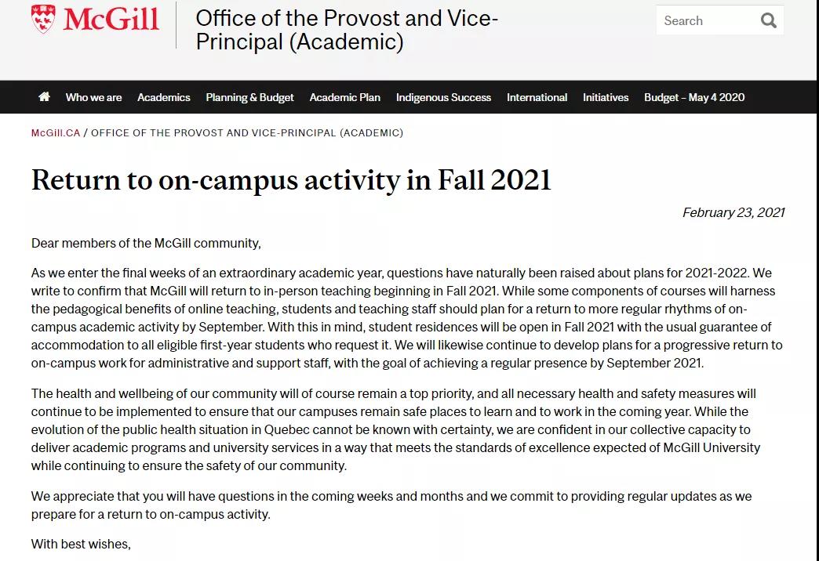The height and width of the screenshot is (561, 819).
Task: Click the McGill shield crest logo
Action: (44, 19)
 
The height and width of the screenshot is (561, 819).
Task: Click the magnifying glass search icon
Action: (769, 21)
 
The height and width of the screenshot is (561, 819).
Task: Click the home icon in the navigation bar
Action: (44, 97)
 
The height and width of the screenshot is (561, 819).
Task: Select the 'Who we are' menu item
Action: (93, 97)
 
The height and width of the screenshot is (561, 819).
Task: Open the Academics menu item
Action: (163, 97)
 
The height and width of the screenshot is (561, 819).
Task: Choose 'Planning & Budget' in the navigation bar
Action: (249, 97)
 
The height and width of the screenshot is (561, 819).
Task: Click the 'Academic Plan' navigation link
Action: (344, 97)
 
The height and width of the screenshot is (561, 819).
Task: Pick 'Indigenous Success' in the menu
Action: (443, 97)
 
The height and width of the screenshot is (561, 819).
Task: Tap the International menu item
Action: (537, 97)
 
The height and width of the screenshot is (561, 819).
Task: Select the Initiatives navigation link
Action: (606, 97)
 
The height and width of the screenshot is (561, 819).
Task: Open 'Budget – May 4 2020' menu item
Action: (694, 97)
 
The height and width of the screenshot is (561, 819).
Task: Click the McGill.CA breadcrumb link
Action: (56, 133)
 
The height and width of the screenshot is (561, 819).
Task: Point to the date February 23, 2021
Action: (733, 213)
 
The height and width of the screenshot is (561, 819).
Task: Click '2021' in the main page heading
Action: (520, 180)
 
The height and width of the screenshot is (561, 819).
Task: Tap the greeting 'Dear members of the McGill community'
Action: (146, 243)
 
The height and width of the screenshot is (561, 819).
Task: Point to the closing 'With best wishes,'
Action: (81, 544)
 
